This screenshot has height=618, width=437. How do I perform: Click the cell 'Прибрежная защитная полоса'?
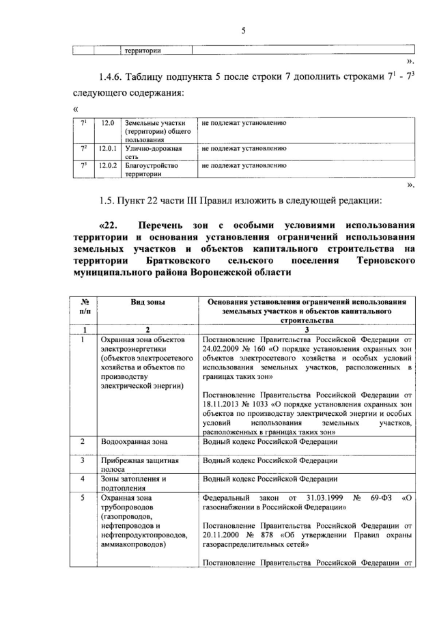(x=139, y=465)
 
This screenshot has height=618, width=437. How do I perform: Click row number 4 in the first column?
(x=81, y=479)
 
